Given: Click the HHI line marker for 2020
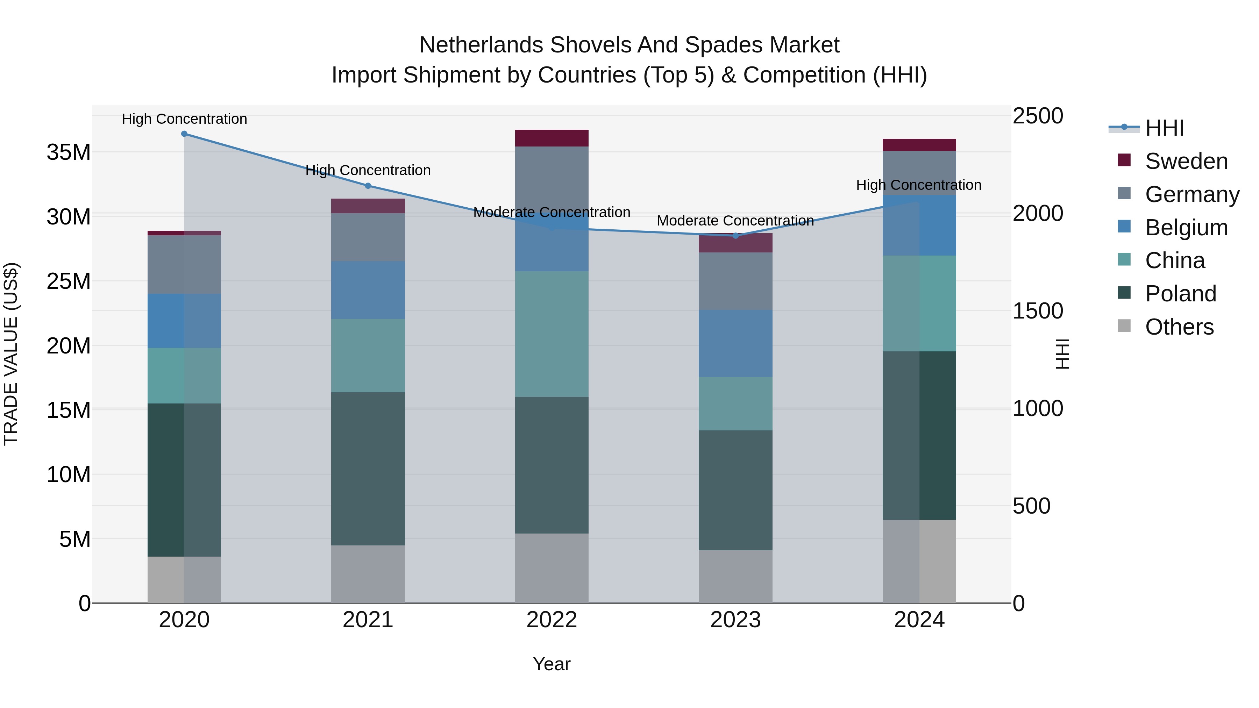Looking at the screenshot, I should coord(184,134).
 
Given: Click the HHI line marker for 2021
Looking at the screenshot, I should coord(368,186).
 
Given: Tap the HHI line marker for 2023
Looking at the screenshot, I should coord(735,236).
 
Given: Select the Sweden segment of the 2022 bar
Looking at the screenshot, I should coord(552,138).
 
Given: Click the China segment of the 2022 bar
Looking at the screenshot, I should coord(552,334).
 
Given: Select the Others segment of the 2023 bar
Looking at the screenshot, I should coord(735,577).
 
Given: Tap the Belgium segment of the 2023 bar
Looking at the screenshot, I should coord(735,343).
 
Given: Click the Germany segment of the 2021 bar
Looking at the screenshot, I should coord(368,237).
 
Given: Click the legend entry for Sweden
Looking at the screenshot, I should coord(1186,161).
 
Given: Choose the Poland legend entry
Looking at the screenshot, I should coord(1180,294).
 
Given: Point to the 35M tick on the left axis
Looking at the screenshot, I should coord(69,152).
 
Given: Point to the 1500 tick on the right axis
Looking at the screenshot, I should coord(1038,311).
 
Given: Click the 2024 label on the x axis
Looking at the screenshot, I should coord(919,620).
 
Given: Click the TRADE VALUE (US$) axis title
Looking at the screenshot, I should coord(11,354).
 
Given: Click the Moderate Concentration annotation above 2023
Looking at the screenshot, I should coord(735,221).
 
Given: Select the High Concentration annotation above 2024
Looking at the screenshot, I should coord(919,185).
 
